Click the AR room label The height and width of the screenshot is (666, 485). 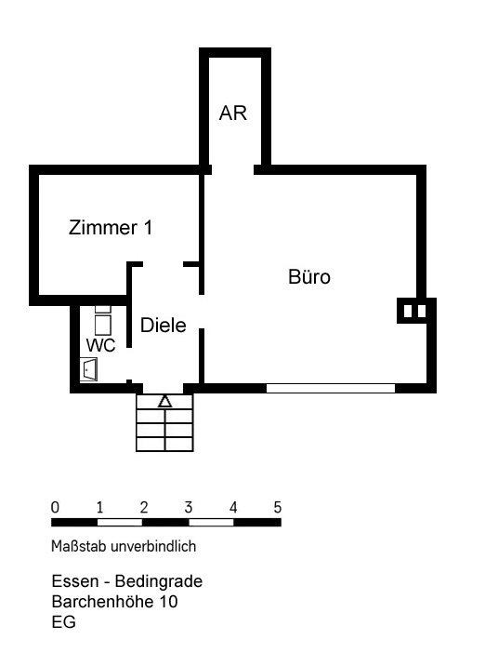tap(233, 113)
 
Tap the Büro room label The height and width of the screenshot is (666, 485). tap(309, 276)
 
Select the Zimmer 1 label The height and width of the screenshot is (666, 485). tap(111, 228)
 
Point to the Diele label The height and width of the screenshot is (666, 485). tap(164, 326)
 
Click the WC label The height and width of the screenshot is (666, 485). tap(101, 345)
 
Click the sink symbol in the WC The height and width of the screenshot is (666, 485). tap(88, 369)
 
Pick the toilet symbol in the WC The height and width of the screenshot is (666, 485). tap(103, 320)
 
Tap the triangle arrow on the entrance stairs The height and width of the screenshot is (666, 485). tap(164, 401)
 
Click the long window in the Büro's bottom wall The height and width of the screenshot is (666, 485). tap(331, 388)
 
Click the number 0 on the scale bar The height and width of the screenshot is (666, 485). tap(55, 507)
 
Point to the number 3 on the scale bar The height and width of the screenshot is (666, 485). tap(189, 507)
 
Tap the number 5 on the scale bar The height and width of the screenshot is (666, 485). tap(278, 507)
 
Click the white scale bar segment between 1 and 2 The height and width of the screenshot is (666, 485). tap(120, 523)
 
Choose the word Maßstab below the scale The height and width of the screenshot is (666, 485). tap(79, 546)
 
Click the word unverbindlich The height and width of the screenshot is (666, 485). tap(153, 546)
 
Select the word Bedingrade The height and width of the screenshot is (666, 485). tap(159, 581)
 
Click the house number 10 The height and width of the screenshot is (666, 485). tap(168, 602)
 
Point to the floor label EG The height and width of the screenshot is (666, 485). tap(64, 622)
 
